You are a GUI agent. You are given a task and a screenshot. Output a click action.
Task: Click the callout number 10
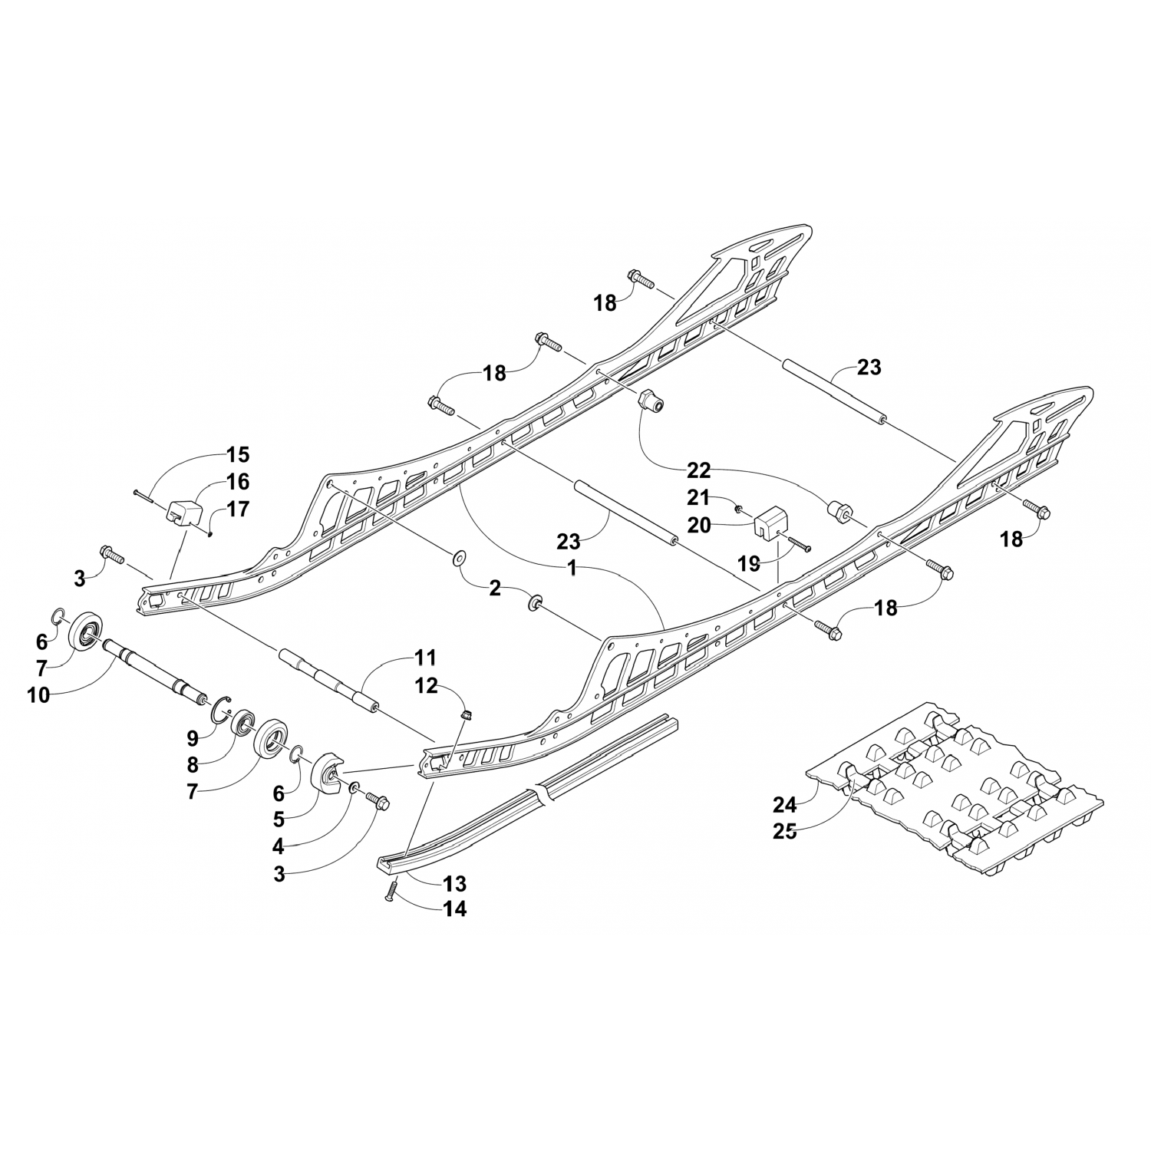38,695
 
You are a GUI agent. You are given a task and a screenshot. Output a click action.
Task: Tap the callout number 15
238,454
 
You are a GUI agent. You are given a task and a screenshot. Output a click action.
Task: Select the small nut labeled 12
465,716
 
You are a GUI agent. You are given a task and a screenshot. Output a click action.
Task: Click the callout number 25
785,831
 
